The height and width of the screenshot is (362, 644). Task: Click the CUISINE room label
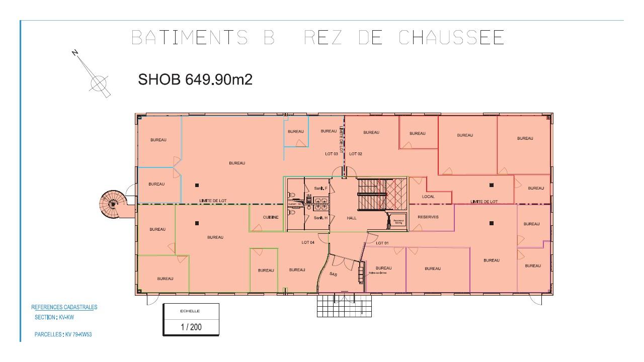coord(271,217)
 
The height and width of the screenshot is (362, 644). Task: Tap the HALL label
coord(352,218)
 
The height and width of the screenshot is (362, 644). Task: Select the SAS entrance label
coord(333,274)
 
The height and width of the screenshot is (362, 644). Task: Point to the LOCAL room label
coord(428,197)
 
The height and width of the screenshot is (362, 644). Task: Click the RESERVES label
coord(428,217)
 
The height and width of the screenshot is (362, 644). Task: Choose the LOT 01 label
coord(382,243)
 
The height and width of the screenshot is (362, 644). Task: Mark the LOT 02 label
coord(356,154)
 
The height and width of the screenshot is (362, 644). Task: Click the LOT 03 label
coord(332,154)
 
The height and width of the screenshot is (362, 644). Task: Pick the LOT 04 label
coord(308,242)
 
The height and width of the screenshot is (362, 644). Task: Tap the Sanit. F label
coord(321,188)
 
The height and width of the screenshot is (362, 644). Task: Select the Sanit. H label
coord(321,218)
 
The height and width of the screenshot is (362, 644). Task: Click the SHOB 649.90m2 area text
coord(195,79)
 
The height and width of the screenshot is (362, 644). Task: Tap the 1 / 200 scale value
coord(191,327)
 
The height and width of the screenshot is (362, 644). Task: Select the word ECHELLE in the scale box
coord(190,311)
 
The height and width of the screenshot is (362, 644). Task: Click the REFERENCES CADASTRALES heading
coord(64,307)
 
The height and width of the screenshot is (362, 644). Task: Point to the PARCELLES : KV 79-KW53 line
coord(63,334)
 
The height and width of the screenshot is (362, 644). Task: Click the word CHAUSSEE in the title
coord(451,38)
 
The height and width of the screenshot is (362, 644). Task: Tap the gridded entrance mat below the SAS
coord(344,305)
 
